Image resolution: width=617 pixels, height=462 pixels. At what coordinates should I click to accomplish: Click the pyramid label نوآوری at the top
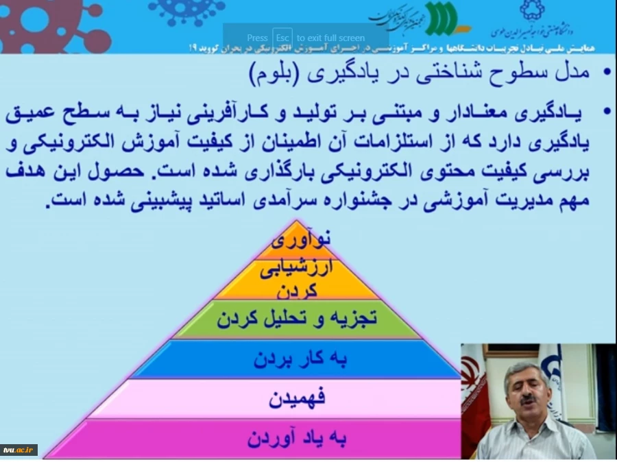click(x=300, y=239)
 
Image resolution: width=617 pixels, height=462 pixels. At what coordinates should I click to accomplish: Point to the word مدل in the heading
click(x=574, y=72)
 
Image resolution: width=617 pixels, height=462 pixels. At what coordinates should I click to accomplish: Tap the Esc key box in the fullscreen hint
click(x=282, y=38)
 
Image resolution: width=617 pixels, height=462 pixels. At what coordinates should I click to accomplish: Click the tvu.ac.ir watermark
click(x=19, y=450)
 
